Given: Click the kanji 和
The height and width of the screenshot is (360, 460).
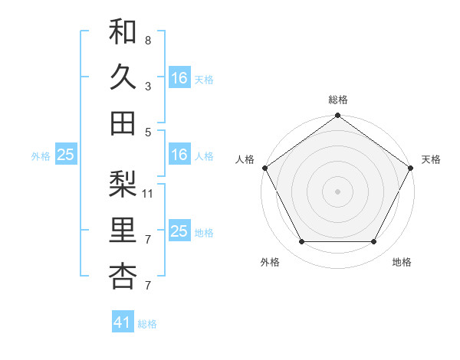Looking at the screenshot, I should point(123,31).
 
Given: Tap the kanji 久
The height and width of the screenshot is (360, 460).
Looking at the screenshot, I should point(123,77).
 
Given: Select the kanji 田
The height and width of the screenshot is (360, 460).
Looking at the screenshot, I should point(123,123).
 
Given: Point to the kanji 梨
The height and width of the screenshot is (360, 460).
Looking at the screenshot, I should point(123,184).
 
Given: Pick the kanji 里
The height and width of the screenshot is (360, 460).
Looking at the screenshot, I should point(123,230).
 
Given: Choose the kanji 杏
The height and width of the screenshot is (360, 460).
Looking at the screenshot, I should point(123,276).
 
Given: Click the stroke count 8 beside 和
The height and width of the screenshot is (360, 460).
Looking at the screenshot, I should point(147,40).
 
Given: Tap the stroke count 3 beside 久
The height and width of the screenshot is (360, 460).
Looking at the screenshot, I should point(147,87).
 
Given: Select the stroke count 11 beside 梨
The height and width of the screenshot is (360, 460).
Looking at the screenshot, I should point(148,193).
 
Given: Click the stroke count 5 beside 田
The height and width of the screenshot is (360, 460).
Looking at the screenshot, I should point(147,132).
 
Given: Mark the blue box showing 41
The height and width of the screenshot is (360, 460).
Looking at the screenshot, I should point(123,322).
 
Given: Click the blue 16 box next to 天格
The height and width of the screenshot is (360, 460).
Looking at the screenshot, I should point(179,78).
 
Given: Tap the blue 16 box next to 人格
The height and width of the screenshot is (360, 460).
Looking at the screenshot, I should point(179,155).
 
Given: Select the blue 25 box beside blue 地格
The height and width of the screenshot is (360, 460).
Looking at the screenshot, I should point(179,231).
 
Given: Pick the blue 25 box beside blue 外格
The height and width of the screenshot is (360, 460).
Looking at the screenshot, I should point(66,155).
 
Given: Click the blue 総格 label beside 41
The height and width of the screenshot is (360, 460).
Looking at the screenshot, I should point(147,324).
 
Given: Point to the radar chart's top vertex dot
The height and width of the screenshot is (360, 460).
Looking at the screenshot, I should point(337,116).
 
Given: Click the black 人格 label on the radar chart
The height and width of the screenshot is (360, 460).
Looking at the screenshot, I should point(245,159).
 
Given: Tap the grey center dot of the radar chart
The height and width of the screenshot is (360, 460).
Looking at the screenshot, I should point(337,191).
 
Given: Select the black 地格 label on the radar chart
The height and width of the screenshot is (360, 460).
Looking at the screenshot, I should point(402,263).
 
